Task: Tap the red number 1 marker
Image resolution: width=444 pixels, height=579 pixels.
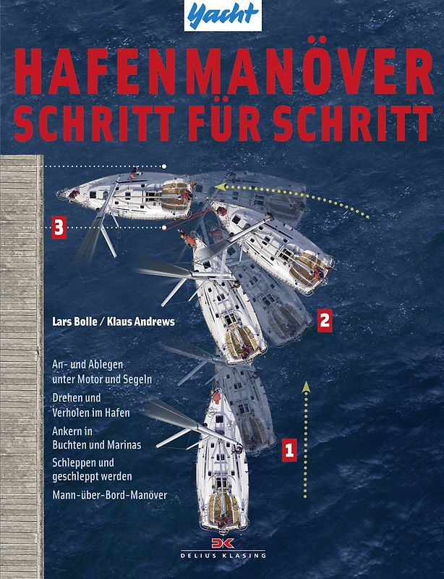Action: [289, 449]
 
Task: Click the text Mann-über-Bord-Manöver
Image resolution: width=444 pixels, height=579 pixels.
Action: [109, 495]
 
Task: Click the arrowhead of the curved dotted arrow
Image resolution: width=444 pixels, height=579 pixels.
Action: [218, 186]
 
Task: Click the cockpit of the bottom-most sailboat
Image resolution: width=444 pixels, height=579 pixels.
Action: [223, 507]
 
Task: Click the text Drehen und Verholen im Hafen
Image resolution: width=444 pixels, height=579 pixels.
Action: [91, 405]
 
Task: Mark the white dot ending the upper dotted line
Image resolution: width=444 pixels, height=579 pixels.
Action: [165, 166]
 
